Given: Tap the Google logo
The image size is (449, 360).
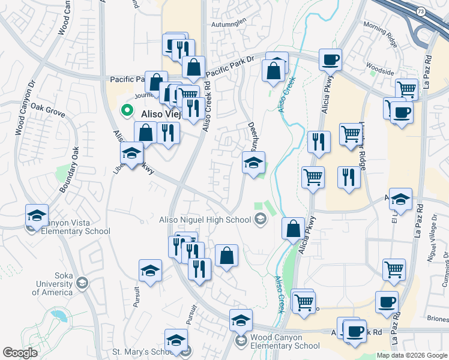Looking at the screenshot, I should pyautogui.click(x=20, y=353).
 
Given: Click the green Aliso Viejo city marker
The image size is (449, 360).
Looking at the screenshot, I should pyautogui.click(x=127, y=110).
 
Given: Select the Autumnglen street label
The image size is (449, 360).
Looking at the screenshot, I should pyautogui.click(x=229, y=23).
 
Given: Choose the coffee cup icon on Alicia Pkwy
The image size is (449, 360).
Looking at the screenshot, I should pyautogui.click(x=330, y=60).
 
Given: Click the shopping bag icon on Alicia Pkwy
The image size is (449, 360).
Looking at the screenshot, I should pyautogui.click(x=293, y=229).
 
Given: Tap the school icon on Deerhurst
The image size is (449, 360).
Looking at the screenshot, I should pyautogui.click(x=253, y=163).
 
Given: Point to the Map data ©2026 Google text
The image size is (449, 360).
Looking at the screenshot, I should pyautogui.click(x=411, y=355).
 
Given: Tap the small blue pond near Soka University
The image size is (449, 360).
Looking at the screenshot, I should pyautogui.click(x=59, y=314).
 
